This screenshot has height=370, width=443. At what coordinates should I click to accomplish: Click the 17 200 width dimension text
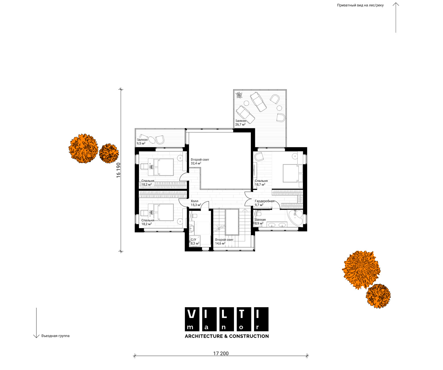click(x=221, y=353)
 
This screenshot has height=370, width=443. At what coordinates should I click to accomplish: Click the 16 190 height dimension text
click(x=118, y=170)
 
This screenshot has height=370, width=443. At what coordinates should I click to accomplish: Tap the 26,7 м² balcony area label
click(x=240, y=123)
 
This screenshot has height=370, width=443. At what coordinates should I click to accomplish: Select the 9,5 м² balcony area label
click(x=142, y=141)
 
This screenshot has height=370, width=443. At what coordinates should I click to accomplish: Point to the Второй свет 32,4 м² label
click(x=200, y=161)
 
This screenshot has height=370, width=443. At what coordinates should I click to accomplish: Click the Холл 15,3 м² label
click(x=196, y=203)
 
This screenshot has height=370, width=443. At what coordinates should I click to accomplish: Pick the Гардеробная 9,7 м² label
click(x=265, y=203)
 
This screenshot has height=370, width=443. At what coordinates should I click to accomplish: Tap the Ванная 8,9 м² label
click(x=260, y=222)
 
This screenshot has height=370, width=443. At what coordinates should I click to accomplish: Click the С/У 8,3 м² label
click(x=195, y=242)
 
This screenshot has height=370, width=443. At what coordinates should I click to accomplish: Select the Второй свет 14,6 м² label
click(x=224, y=242)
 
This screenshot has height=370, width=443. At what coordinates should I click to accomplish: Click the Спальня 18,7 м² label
click(x=261, y=183)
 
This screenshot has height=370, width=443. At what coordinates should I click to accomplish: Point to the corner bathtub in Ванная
click(x=295, y=217)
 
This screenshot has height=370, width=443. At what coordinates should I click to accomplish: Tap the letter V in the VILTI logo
click(x=192, y=314)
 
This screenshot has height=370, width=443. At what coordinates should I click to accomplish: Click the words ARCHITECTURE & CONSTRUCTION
click(x=227, y=336)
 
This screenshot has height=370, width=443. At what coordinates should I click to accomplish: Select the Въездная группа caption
click(x=55, y=336)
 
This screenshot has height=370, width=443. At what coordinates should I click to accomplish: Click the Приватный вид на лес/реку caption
click(x=360, y=5)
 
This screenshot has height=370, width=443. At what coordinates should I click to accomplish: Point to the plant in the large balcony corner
click(x=239, y=95)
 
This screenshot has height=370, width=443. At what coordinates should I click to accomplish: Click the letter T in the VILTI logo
click(x=242, y=314)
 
